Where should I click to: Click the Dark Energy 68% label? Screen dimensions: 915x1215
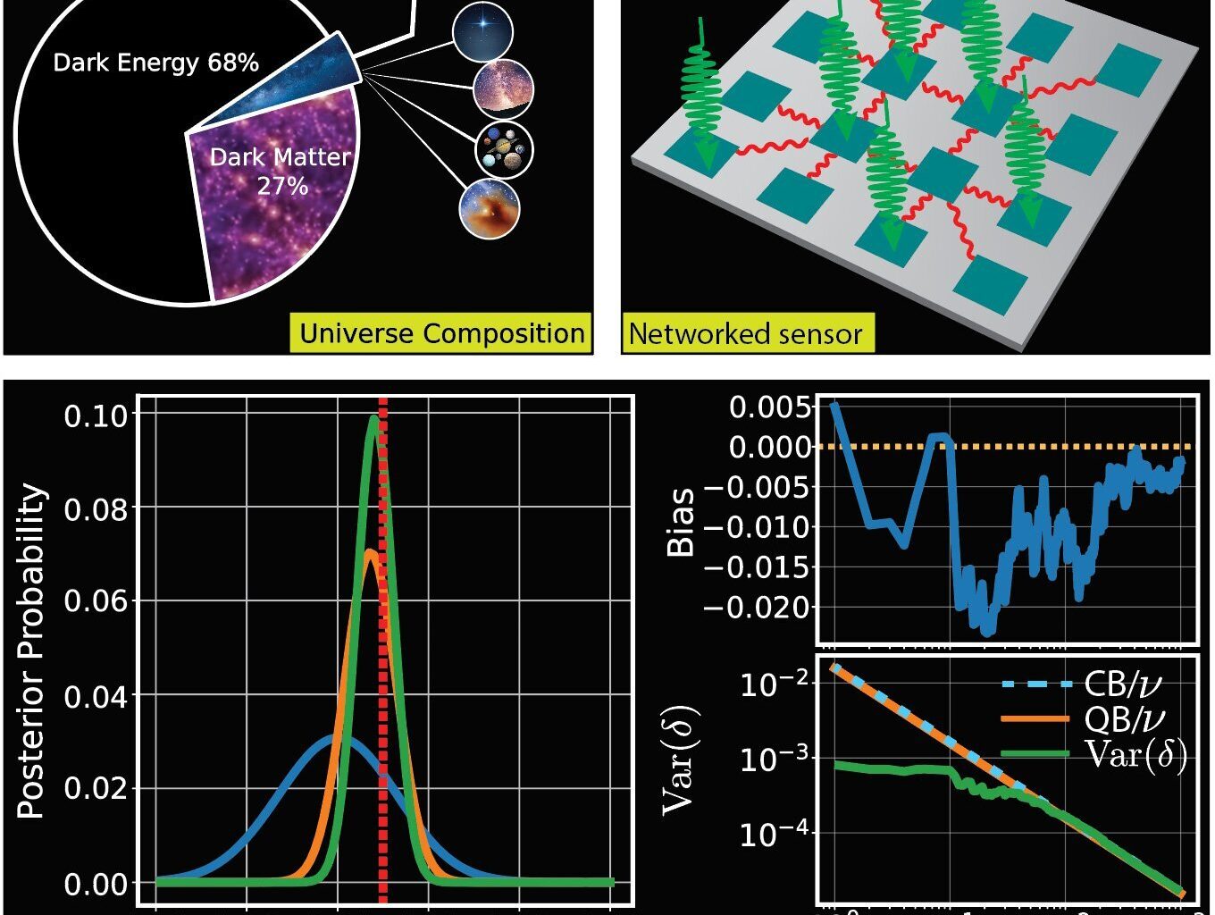(x=155, y=63)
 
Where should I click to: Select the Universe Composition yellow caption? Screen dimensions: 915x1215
(x=441, y=333)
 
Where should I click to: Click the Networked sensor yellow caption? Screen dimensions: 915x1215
(x=746, y=334)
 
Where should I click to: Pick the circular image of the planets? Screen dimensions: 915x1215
(x=504, y=149)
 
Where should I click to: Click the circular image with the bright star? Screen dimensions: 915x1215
(x=482, y=31)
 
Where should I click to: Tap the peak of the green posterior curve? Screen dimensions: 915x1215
(x=373, y=417)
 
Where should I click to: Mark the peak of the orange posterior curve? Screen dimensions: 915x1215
(x=370, y=550)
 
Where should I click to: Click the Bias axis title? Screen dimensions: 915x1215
(x=682, y=522)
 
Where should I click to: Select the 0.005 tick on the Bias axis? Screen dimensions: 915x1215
(x=770, y=407)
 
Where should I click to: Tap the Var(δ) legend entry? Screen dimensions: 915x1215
(x=1135, y=755)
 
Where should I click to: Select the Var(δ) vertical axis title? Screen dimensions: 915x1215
(x=681, y=761)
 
